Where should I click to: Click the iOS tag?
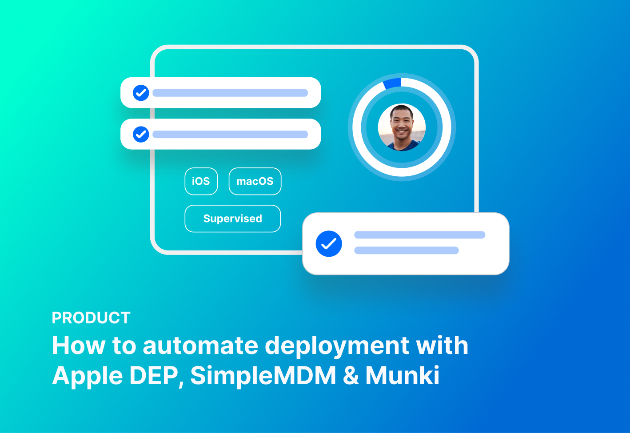click(201, 181)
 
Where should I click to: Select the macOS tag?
click(255, 181)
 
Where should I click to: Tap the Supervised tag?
click(232, 218)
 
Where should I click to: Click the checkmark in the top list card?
click(141, 93)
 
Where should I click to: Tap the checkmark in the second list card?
click(141, 134)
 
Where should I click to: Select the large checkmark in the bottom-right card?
click(329, 244)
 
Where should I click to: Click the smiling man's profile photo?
click(402, 127)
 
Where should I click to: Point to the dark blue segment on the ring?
click(392, 83)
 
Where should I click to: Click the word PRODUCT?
click(91, 318)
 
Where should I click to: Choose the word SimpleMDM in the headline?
click(263, 376)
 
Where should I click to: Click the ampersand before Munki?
click(351, 376)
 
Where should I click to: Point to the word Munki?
click(402, 376)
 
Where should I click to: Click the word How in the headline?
click(78, 346)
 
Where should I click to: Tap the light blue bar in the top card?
click(230, 93)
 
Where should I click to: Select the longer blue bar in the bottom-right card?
click(419, 235)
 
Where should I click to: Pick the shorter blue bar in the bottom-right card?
click(406, 250)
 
